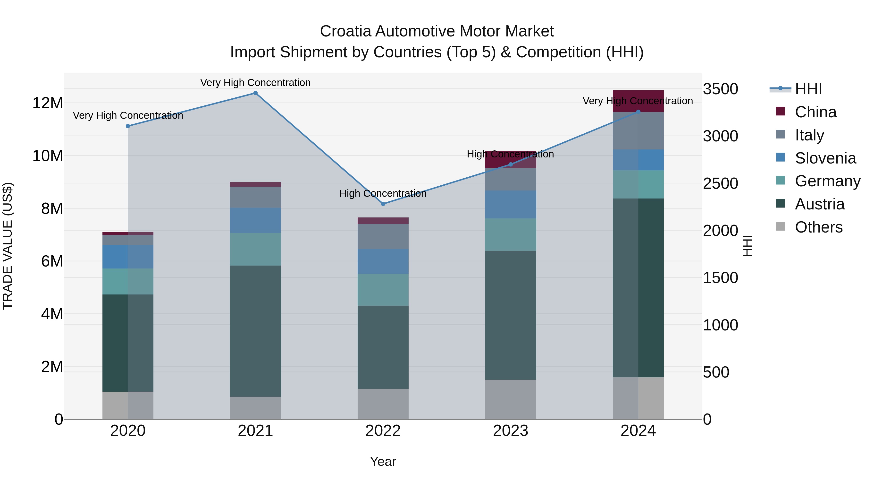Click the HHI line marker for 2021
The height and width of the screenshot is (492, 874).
255,93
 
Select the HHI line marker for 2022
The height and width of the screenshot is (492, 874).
383,204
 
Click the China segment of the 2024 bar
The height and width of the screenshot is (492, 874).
638,101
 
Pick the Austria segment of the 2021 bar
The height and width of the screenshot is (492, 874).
255,331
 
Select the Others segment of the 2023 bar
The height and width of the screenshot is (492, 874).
511,399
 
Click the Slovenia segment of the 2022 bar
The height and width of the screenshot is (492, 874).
383,261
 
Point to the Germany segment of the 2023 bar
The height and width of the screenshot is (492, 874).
511,235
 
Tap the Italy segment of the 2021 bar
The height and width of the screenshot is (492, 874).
255,197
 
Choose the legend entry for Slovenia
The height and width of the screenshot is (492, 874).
825,158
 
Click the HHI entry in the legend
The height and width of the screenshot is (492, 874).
808,89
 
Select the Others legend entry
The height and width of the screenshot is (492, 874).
818,227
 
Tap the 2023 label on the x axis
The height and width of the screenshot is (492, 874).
511,431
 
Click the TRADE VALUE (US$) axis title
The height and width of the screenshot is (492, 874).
8,246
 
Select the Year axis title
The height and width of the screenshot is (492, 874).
383,461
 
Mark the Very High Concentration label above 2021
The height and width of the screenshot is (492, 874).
255,83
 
